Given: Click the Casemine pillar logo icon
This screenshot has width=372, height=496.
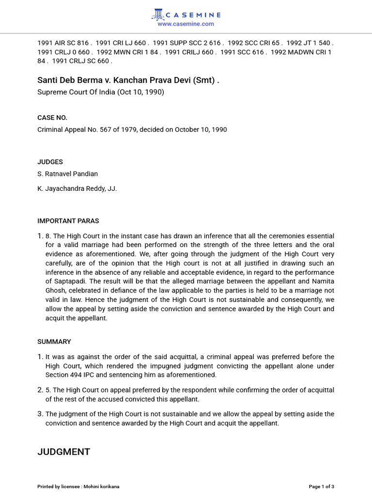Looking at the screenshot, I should tap(157, 15).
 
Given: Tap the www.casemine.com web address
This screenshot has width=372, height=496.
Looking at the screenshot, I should tap(186, 24).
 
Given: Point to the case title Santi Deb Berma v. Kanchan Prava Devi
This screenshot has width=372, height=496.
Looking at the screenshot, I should tap(128, 80).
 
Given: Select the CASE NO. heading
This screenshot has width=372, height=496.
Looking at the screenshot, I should tap(52, 118).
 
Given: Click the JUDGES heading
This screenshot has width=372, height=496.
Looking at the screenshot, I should tap(50, 162).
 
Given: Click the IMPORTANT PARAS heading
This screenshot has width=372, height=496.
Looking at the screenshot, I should tap(68, 221).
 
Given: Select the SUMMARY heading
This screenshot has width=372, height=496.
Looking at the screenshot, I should tap(54, 341).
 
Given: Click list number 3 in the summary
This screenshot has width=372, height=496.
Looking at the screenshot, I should tap(41, 414).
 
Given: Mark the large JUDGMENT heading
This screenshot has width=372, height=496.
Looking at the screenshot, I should tap(64, 452).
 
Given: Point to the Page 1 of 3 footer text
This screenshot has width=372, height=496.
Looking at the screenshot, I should tap(322, 486).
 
